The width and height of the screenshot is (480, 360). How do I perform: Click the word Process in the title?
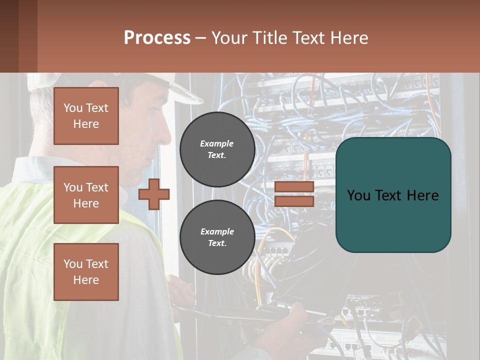pos(157,38)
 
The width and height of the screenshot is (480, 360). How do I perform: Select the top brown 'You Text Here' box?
pos(86,116)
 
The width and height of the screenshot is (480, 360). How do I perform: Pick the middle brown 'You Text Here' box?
pos(86,195)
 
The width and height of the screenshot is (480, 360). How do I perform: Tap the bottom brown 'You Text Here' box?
pos(86,272)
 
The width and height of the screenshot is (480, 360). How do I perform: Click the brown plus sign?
pos(154,194)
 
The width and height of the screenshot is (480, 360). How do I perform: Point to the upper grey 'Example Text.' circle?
pos(217,149)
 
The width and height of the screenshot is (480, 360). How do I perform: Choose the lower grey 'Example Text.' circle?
pos(217,237)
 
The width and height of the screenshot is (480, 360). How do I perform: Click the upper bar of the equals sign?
pos(294,186)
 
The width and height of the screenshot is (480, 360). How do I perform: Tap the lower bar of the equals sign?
pos(294,201)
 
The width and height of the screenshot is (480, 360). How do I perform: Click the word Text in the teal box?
pos(392,195)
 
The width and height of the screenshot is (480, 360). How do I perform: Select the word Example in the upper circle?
pos(217,144)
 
